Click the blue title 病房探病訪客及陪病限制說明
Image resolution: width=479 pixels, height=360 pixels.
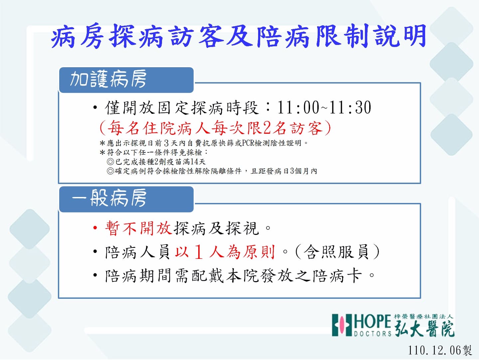coord(239,36)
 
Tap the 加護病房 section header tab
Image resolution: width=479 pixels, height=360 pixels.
coord(126,80)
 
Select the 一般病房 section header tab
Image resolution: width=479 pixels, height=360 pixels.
coord(126,199)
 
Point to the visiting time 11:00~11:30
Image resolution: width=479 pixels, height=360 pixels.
coord(324,107)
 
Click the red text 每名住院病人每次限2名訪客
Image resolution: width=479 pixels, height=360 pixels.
coord(215,128)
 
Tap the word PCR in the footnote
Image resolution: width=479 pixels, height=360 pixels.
coord(248,143)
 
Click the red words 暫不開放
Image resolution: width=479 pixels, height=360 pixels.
coord(139,228)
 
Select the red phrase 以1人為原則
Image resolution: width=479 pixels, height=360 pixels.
coord(225,252)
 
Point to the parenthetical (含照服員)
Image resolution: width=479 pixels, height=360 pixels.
coord(337,252)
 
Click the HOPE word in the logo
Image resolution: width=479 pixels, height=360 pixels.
coord(373,321)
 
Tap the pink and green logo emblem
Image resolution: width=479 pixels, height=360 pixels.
coord(342,325)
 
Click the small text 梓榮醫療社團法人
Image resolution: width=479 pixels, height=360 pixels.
coord(423,317)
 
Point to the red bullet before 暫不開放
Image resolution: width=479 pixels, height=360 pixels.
coord(95,228)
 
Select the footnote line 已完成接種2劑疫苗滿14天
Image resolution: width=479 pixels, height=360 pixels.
coord(156,162)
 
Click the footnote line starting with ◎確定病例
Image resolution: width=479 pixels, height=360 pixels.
coord(212,171)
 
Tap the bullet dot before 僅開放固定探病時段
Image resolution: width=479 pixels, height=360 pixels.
coord(95,107)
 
